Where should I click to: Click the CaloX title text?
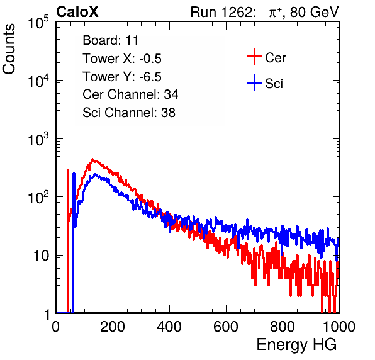(x=77, y=12)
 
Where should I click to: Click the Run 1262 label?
(x=221, y=12)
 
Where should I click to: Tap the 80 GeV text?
(x=314, y=12)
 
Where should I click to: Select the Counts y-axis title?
(x=9, y=49)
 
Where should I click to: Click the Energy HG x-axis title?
(x=296, y=345)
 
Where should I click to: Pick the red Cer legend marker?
(x=254, y=57)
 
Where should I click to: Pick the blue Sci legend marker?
(x=254, y=82)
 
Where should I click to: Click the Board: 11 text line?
(x=111, y=40)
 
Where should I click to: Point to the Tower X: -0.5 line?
(x=122, y=59)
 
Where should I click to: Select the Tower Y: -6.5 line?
(x=122, y=77)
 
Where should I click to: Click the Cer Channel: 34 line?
(x=130, y=94)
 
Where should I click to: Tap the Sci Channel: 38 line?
(x=129, y=113)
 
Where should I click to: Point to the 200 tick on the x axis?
(x=113, y=327)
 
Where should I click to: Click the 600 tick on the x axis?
(x=226, y=327)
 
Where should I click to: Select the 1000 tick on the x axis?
(x=339, y=327)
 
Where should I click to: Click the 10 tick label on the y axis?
(x=42, y=256)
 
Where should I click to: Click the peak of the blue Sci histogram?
(x=95, y=174)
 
